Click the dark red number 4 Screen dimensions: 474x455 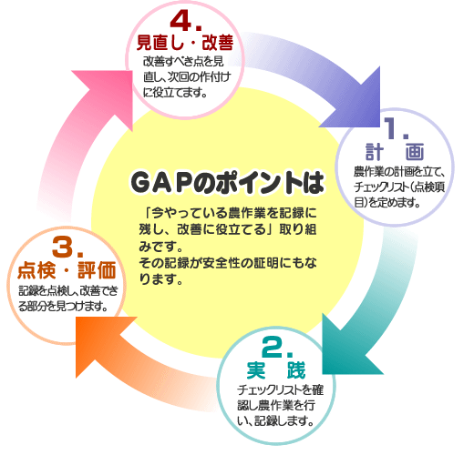[x=181, y=21]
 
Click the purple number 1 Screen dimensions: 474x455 [x=391, y=128]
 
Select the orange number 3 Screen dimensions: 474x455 [x=63, y=247]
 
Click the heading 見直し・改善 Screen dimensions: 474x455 [x=185, y=43]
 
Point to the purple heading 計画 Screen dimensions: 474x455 [x=395, y=152]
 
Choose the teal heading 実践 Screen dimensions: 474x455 [x=276, y=370]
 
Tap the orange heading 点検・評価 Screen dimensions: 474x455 [x=67, y=270]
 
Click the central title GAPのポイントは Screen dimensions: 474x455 [x=227, y=183]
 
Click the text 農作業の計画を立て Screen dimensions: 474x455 [x=396, y=172]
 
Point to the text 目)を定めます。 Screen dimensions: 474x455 [x=387, y=202]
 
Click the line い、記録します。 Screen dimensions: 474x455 [x=275, y=420]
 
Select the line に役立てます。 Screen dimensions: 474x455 [x=175, y=93]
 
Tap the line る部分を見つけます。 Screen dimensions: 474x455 [x=63, y=307]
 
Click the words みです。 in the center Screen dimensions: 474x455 [x=160, y=247]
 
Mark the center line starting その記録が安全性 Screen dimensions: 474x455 [x=228, y=263]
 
